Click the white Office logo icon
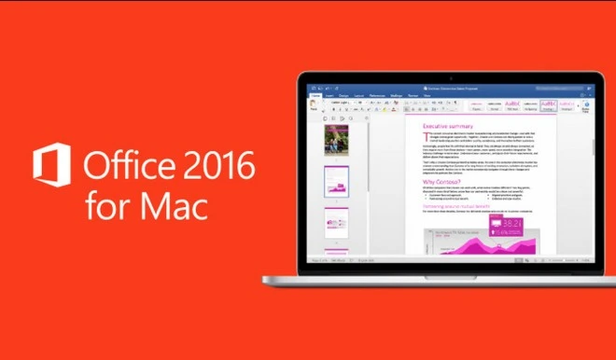pos(52,165)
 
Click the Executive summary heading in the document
pos(448,126)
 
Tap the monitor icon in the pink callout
pos(489,225)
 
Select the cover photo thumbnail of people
pos(336,139)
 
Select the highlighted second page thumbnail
pos(336,181)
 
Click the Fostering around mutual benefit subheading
pos(456,204)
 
